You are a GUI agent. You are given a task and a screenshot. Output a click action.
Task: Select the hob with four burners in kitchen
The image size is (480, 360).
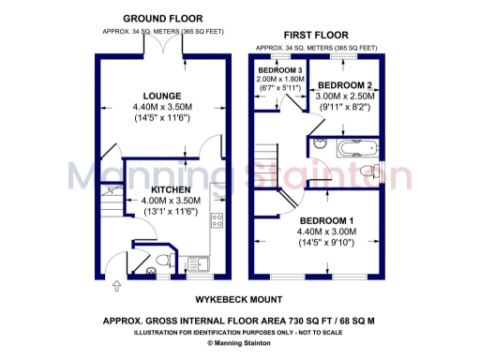coord(217,221)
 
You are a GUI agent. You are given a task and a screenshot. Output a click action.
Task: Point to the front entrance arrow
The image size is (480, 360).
coord(116,285)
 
